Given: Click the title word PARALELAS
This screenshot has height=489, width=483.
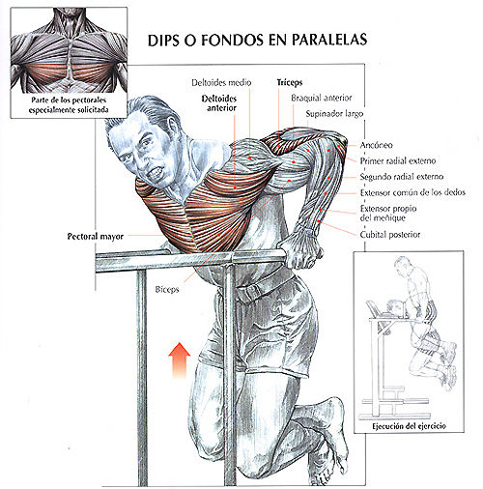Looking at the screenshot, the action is click(x=329, y=40).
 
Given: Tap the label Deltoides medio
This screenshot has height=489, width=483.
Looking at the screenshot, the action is click(x=221, y=83).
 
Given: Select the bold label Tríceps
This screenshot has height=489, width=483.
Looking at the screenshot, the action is click(x=290, y=83).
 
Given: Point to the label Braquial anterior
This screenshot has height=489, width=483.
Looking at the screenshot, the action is click(x=322, y=98).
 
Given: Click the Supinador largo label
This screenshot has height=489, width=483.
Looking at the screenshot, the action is click(x=334, y=114).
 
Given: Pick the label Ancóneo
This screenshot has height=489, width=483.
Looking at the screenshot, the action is click(x=377, y=145).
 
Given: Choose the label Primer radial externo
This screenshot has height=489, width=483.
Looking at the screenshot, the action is click(x=398, y=160).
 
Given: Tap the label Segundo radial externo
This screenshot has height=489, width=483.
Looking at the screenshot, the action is click(x=402, y=177).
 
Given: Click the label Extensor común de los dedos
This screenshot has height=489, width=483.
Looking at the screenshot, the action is click(x=412, y=192).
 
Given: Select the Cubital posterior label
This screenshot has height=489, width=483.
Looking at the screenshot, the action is click(x=390, y=235).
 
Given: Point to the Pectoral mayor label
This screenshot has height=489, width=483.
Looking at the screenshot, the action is click(x=96, y=237).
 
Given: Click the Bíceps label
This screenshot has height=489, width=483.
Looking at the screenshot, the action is click(x=167, y=289).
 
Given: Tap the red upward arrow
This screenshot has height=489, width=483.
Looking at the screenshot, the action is click(x=180, y=360).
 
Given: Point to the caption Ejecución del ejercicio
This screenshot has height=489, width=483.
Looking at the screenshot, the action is click(x=409, y=426).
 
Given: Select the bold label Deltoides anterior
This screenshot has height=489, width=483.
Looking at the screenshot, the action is click(x=219, y=103).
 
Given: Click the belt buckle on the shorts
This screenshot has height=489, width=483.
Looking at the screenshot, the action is click(x=252, y=293).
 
